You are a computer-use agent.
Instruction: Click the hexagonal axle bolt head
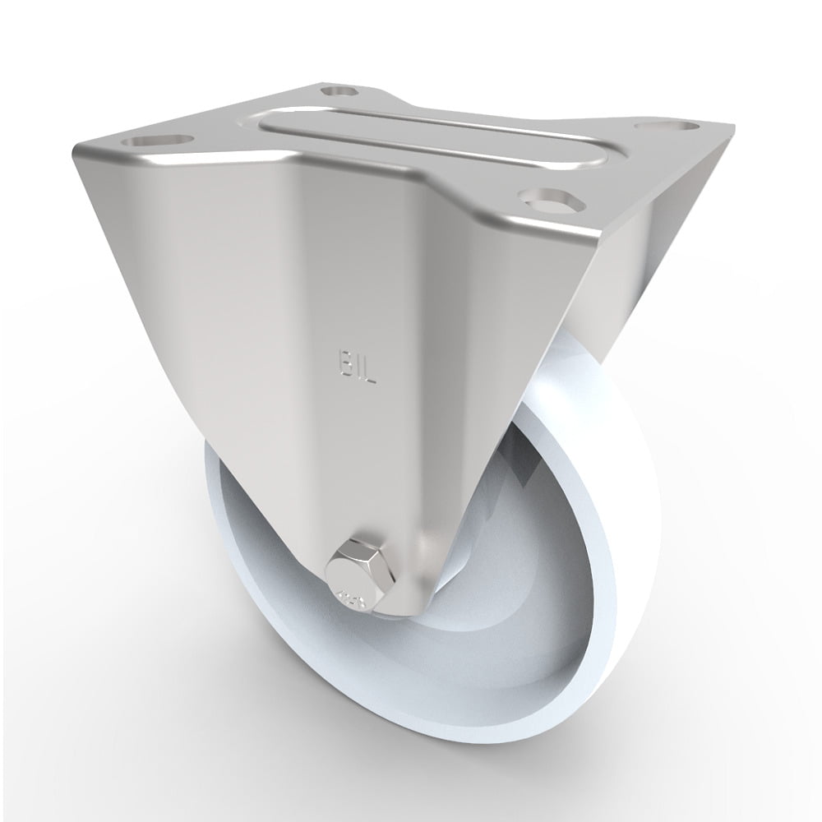(355, 570)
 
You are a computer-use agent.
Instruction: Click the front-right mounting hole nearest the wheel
(546, 200)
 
